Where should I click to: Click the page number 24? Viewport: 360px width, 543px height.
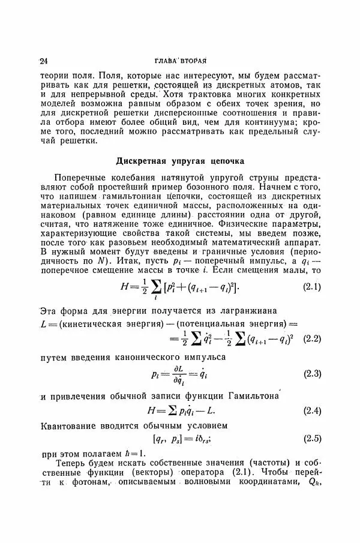[x=43, y=61]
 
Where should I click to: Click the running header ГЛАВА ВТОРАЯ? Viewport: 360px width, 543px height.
[x=180, y=61]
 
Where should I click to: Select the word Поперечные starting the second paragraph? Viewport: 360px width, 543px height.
[x=82, y=178]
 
